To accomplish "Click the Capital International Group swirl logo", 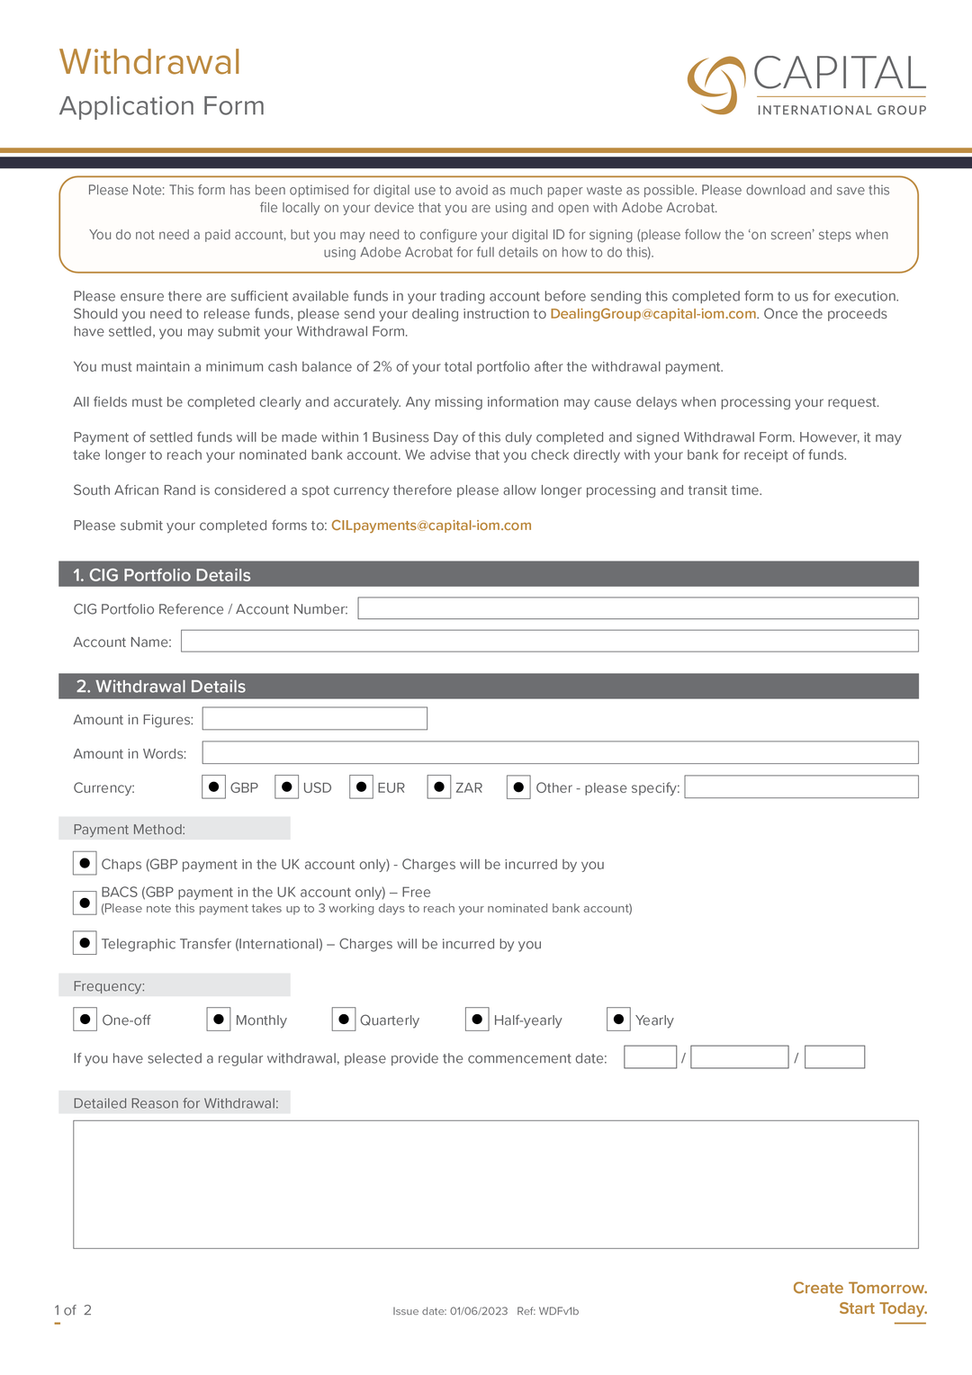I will [716, 85].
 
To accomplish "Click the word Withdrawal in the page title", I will [150, 62].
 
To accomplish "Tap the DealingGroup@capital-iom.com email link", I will [652, 314].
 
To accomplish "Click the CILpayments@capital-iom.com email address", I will [431, 526].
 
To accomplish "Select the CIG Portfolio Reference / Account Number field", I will [637, 608].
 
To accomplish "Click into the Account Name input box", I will [549, 641].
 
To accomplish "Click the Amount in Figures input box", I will [314, 718].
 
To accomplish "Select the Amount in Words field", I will [560, 752].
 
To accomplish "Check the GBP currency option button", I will [213, 786].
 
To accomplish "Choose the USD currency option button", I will [286, 786].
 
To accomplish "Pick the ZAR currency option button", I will [438, 786].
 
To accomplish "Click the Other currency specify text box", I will [801, 786].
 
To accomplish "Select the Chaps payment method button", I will [85, 863].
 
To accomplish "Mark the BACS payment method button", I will [85, 902].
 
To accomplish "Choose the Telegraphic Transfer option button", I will [85, 942].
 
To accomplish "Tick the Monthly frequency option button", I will [219, 1019].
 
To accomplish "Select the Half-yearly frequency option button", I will [477, 1019].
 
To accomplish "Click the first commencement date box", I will [650, 1056].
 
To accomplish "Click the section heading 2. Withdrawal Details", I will [161, 687].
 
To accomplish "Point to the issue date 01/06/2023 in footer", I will [479, 1311].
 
